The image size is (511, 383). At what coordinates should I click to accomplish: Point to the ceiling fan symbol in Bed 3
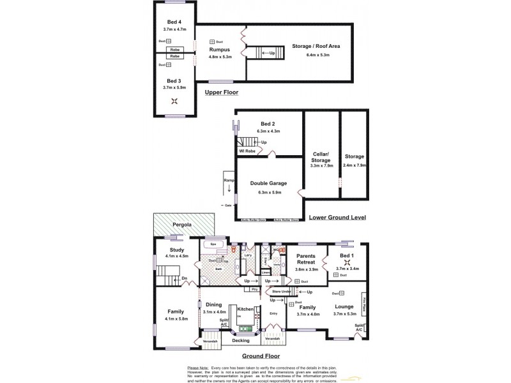[174, 100]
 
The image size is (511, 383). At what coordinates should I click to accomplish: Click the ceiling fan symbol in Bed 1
[347, 261]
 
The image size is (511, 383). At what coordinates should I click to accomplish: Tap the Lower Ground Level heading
[337, 217]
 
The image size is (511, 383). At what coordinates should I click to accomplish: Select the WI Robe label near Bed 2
[247, 151]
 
